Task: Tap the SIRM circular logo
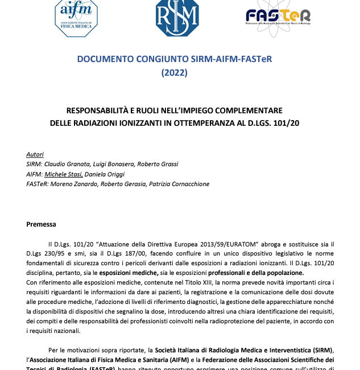click(177, 17)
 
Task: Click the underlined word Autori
click(35, 154)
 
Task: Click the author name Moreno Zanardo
click(72, 184)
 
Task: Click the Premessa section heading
click(42, 224)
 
